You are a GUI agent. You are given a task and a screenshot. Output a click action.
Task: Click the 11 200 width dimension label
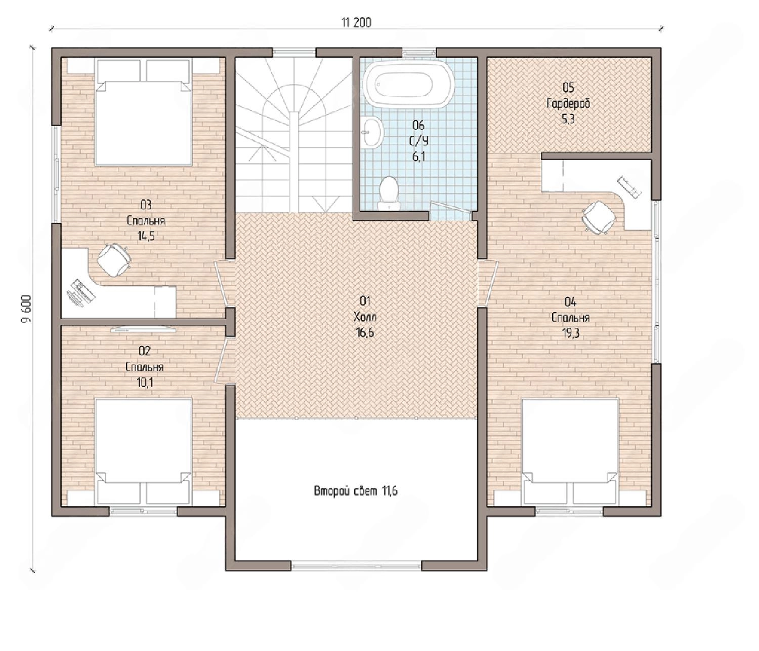(x=356, y=23)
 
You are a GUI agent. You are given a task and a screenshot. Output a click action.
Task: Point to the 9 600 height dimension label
(x=26, y=309)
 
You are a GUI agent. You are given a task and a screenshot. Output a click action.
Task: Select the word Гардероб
(x=568, y=104)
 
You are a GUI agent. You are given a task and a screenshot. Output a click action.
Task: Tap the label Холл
(x=365, y=317)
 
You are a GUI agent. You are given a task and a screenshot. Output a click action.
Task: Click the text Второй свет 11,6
(x=355, y=491)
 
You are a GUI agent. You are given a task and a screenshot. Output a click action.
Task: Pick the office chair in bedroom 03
(x=114, y=260)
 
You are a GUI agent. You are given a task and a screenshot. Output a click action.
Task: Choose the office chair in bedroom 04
(x=599, y=217)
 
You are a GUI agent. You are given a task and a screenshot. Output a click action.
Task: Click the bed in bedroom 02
(x=144, y=451)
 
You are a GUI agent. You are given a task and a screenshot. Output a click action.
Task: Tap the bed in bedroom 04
(x=570, y=451)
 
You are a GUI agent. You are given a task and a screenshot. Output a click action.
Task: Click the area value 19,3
(x=571, y=333)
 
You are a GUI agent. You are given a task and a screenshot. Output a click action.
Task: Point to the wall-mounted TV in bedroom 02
(x=144, y=329)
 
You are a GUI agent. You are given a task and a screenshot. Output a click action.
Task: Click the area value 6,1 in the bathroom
(x=418, y=157)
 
